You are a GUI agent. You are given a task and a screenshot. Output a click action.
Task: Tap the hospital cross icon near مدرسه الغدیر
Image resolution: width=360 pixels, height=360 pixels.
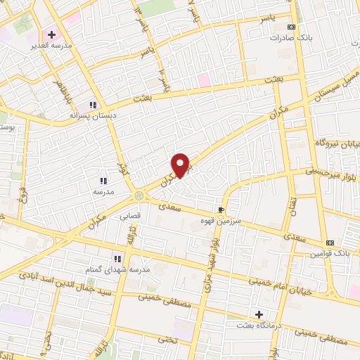coord(51,34)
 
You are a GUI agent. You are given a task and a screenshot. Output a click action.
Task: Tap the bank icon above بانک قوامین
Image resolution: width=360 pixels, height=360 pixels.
coord(330,241)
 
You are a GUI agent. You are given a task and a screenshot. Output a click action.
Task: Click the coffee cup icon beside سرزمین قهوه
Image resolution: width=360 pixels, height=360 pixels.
coord(221,210)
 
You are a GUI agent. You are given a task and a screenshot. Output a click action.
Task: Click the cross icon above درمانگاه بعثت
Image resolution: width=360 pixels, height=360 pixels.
coord(259,314)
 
